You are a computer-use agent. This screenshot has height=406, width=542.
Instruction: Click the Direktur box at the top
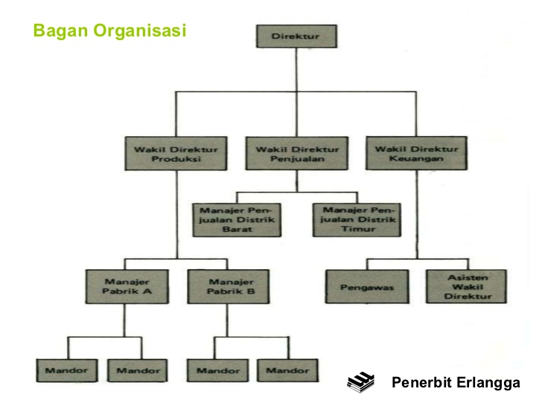tap(296, 36)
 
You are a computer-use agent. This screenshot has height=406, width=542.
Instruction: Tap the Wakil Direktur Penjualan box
tap(296, 153)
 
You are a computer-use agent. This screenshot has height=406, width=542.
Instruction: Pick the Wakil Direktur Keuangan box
tap(416, 153)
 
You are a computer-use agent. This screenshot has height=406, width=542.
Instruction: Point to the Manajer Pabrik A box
tap(124, 286)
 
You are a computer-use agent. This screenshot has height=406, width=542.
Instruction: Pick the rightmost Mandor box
tap(287, 370)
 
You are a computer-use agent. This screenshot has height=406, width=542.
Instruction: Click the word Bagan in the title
tap(62, 30)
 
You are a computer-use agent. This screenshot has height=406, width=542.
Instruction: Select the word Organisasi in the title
tap(139, 30)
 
